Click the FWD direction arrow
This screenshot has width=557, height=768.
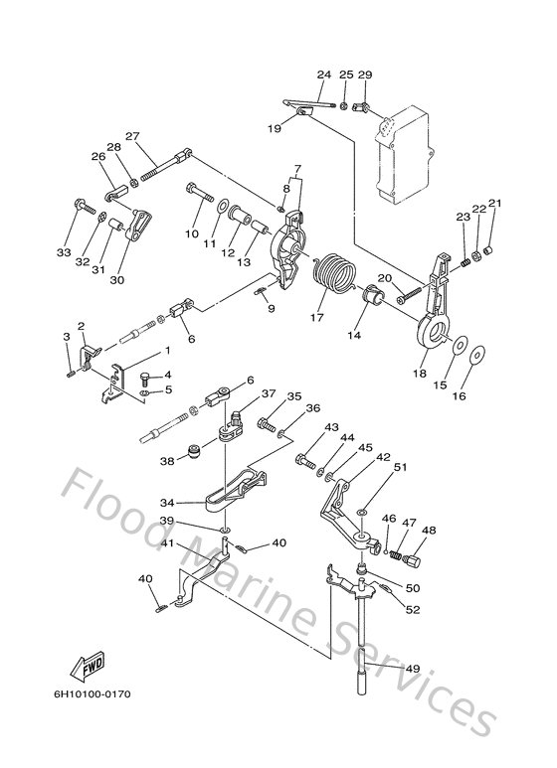click(x=88, y=667)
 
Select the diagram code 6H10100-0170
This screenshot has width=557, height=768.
click(x=93, y=694)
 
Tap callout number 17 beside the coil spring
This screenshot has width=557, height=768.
click(x=317, y=317)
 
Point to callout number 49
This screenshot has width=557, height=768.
click(x=413, y=668)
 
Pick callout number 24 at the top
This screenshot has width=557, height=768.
click(x=324, y=75)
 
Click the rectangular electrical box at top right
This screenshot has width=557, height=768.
click(x=404, y=154)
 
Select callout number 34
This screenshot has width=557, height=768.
click(x=167, y=503)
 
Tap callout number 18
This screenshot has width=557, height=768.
click(x=420, y=374)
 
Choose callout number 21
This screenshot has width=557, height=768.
click(x=494, y=203)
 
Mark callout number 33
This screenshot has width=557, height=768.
click(x=64, y=252)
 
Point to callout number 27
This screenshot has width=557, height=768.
click(x=133, y=136)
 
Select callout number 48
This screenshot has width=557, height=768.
click(x=429, y=530)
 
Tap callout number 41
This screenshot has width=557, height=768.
click(x=168, y=543)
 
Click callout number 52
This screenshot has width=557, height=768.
click(x=413, y=609)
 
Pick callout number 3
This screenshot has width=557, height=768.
click(x=67, y=337)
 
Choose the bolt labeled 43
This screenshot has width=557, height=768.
click(x=305, y=461)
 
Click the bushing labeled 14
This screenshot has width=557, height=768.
click(x=375, y=296)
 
